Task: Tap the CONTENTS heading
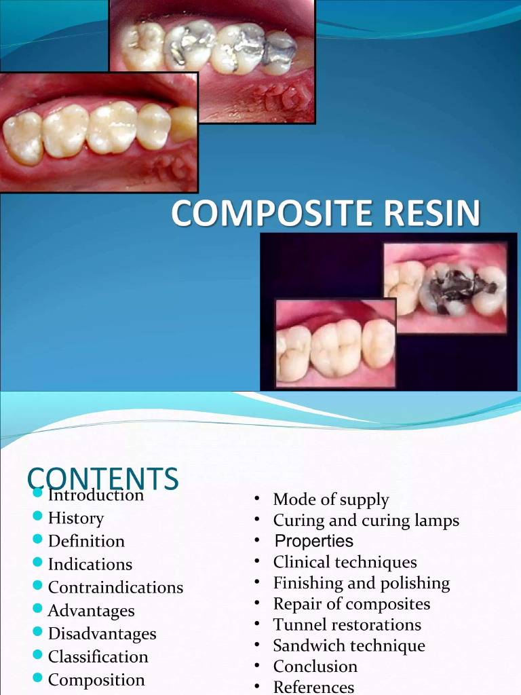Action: (103, 478)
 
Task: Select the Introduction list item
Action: (96, 495)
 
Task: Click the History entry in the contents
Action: (75, 518)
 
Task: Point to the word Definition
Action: (86, 541)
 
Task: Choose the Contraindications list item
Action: (115, 587)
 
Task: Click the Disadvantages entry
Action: (102, 633)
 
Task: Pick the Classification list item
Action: (98, 656)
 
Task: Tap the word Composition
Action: (96, 679)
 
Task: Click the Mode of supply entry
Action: (330, 500)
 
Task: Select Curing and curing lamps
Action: (366, 521)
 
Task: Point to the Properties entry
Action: (313, 541)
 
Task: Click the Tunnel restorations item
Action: (347, 624)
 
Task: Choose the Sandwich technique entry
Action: (349, 645)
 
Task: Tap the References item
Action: (313, 687)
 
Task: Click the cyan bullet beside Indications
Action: (37, 563)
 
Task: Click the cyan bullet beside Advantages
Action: (37, 609)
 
